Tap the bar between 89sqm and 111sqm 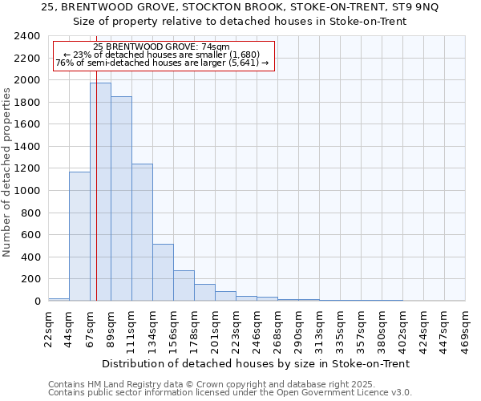tap(121, 198)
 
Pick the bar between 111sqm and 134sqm tap(142, 232)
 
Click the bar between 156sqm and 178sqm tap(184, 286)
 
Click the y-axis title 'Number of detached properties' tap(8, 183)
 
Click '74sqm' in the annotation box tap(218, 47)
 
